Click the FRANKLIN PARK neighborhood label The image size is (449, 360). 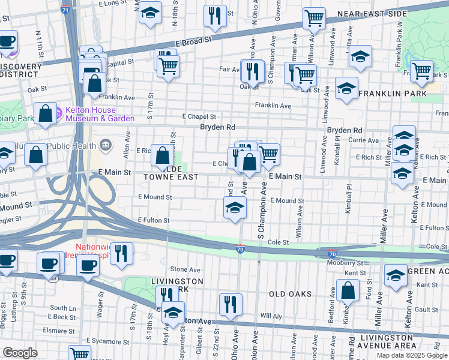(393, 94)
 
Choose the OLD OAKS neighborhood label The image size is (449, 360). (290, 293)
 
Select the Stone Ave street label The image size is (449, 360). (185, 270)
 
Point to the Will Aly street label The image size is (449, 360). (271, 316)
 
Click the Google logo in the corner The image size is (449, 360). (20, 353)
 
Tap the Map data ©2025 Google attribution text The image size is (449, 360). (412, 355)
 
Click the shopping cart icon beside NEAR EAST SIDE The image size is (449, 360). (313, 18)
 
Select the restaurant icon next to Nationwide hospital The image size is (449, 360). (121, 253)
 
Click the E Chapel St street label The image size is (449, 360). (199, 116)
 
